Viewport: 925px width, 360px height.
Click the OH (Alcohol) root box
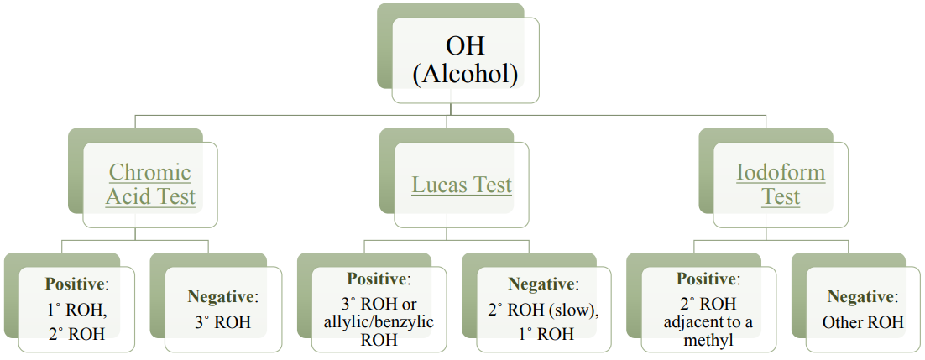[x=465, y=60]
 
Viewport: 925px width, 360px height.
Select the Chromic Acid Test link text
[x=151, y=185]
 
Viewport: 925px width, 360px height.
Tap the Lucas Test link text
[x=462, y=185]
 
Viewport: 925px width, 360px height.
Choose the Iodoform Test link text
[x=781, y=185]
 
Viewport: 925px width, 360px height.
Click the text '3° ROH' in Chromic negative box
[x=223, y=321]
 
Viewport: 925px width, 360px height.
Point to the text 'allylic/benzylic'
[x=379, y=322]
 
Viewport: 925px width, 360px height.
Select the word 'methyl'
[x=708, y=340]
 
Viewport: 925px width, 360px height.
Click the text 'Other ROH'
[x=864, y=321]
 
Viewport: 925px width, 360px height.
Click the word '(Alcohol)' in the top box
[x=465, y=75]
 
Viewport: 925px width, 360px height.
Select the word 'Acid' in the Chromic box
[x=130, y=197]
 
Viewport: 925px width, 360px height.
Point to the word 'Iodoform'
[x=781, y=172]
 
